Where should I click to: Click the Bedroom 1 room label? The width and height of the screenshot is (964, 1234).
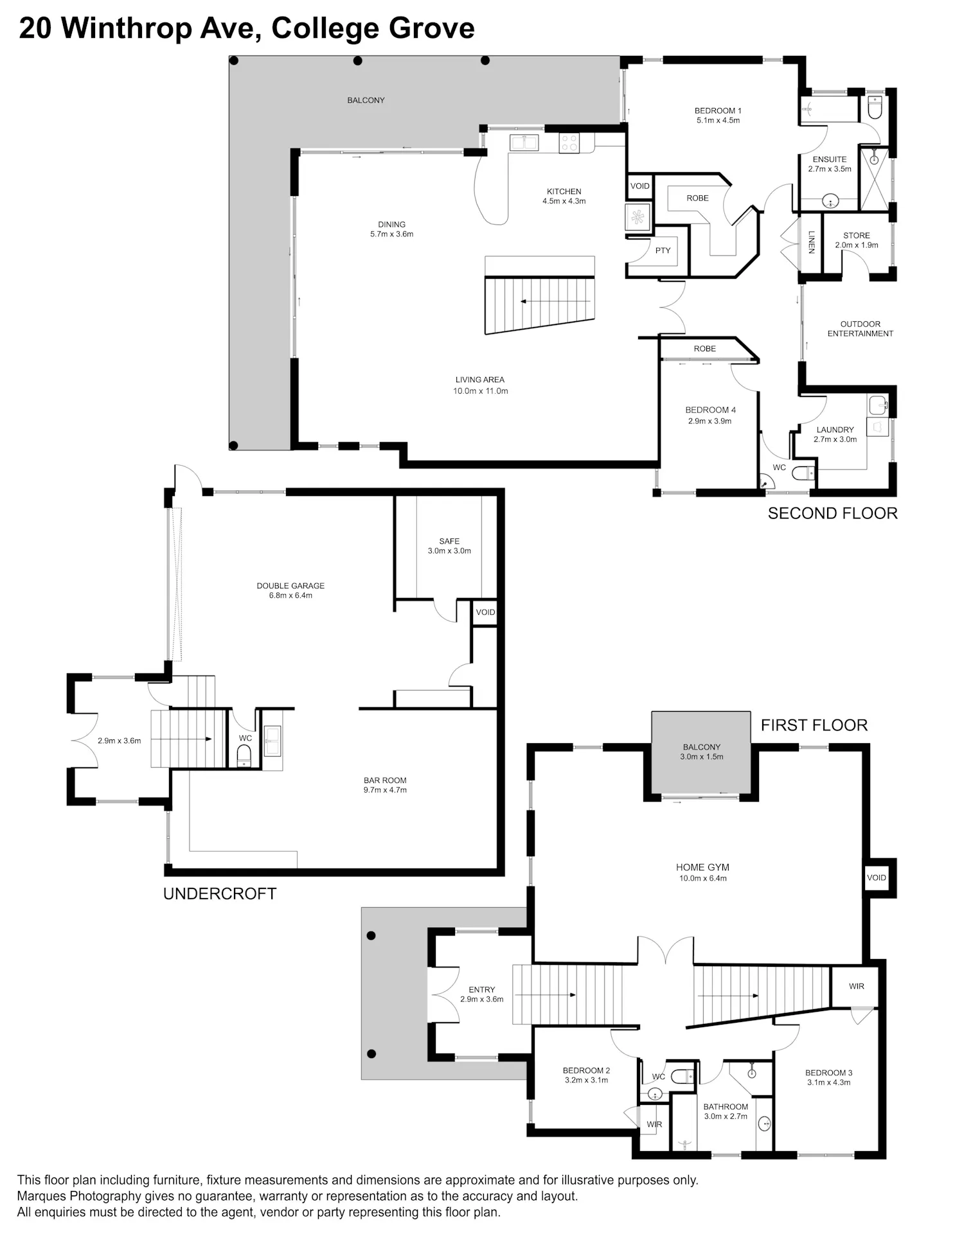tap(718, 115)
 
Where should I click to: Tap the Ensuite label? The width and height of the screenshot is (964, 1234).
tap(830, 164)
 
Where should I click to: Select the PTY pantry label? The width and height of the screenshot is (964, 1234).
tap(663, 251)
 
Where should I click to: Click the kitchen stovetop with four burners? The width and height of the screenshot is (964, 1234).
tap(569, 143)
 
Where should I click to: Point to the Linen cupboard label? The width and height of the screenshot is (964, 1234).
tap(812, 242)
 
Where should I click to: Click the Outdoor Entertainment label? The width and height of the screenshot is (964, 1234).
tap(860, 328)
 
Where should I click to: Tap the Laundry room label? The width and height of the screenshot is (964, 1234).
tap(835, 434)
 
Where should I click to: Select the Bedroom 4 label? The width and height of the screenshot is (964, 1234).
tap(710, 415)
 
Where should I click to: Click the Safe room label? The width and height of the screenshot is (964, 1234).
tap(449, 545)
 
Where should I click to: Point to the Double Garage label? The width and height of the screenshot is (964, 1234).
tap(290, 590)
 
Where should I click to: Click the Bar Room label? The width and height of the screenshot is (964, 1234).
tap(385, 785)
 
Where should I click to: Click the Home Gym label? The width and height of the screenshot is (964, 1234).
tap(702, 872)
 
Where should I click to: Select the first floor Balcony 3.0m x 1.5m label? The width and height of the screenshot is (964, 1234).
tap(701, 752)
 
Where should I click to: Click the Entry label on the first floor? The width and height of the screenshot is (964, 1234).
tap(481, 994)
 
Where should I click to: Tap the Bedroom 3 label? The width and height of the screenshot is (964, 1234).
tap(828, 1077)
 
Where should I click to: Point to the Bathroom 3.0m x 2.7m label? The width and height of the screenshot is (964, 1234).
tap(726, 1111)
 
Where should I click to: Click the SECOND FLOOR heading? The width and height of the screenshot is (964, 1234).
tap(832, 513)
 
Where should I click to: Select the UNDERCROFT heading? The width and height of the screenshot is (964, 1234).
tap(220, 894)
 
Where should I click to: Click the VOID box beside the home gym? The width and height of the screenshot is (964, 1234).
tap(876, 877)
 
